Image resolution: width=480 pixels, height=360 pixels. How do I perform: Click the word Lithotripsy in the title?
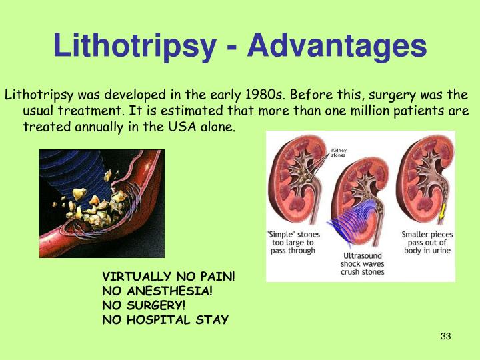(x=134, y=47)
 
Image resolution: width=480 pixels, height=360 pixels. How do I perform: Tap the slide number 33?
(x=446, y=336)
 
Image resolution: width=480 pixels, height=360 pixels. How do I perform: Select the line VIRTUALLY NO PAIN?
(x=168, y=276)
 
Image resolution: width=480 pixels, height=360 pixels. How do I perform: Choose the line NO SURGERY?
(x=143, y=305)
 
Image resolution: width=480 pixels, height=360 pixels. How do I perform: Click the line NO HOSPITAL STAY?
(x=165, y=320)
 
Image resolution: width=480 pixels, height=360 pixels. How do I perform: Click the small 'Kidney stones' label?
(x=339, y=153)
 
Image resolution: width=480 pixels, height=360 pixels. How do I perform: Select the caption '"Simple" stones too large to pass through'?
(x=293, y=243)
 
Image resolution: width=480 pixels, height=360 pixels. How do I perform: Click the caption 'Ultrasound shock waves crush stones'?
(x=363, y=263)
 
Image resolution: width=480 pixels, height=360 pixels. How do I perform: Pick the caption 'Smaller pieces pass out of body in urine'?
(x=426, y=243)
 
